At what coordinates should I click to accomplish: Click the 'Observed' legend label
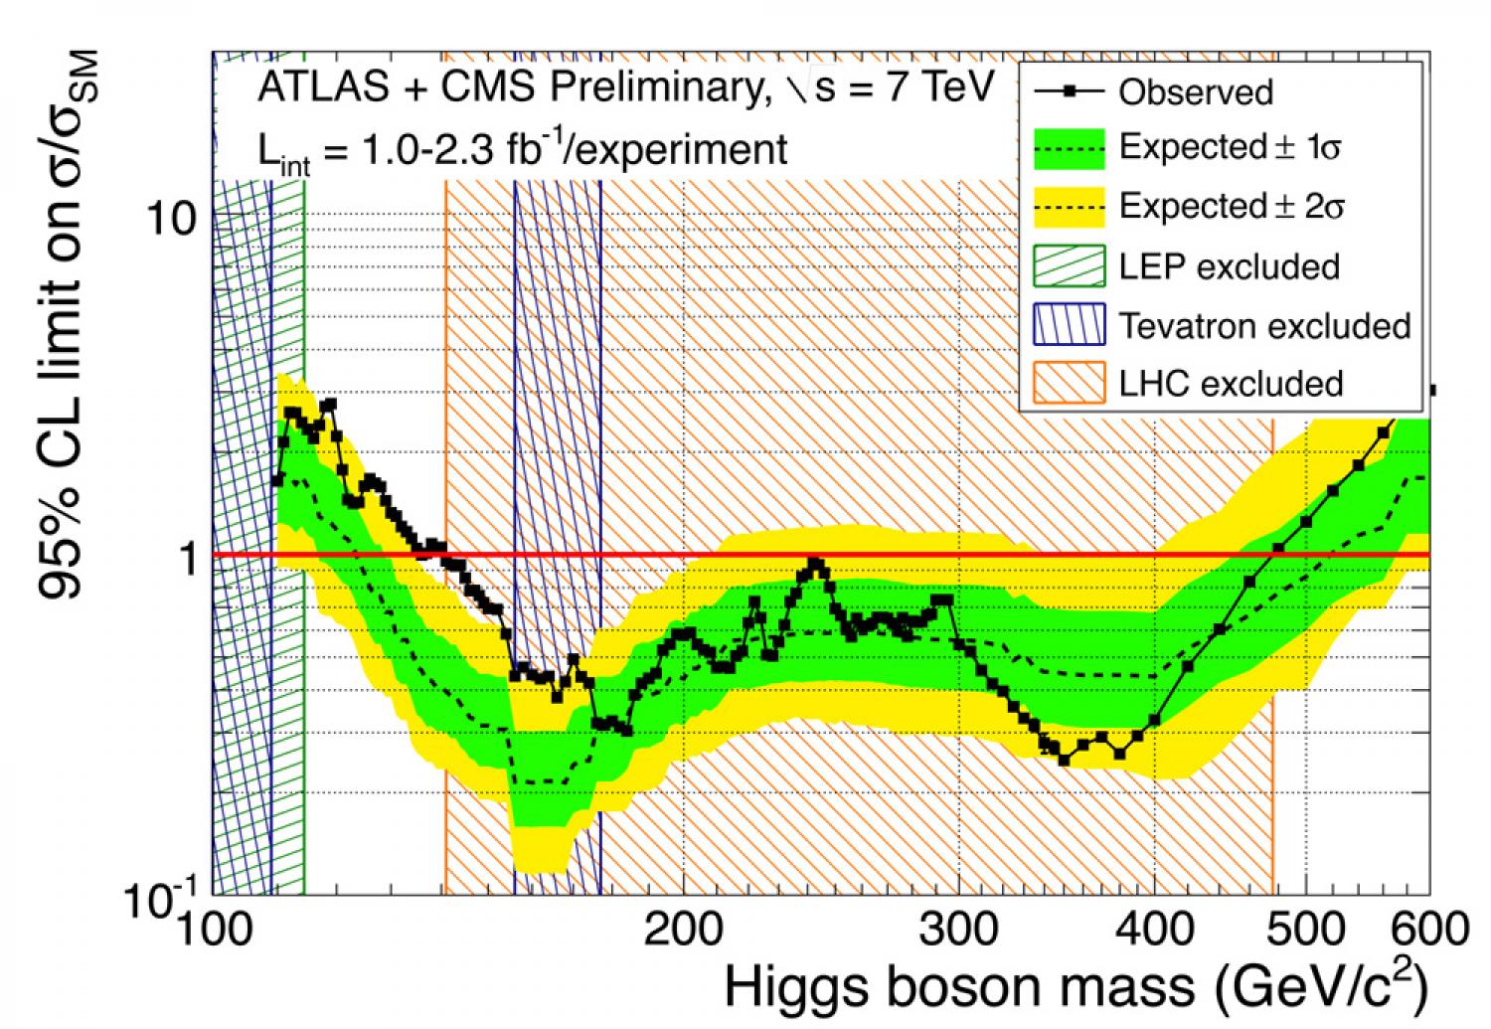click(1195, 92)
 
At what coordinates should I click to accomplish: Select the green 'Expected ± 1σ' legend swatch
click(1069, 149)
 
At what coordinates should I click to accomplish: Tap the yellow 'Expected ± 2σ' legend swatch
click(1069, 207)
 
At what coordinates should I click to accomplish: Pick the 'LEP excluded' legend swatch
click(1069, 266)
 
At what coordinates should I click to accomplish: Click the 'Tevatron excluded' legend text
click(1264, 325)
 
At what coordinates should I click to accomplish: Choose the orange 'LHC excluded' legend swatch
click(1069, 384)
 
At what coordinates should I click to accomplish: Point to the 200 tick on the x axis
click(683, 931)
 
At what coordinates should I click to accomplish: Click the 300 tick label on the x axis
click(957, 931)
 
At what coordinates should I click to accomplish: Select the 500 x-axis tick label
click(1304, 931)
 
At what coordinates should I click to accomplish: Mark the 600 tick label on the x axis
click(1428, 931)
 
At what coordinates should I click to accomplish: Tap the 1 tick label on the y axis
click(186, 557)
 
